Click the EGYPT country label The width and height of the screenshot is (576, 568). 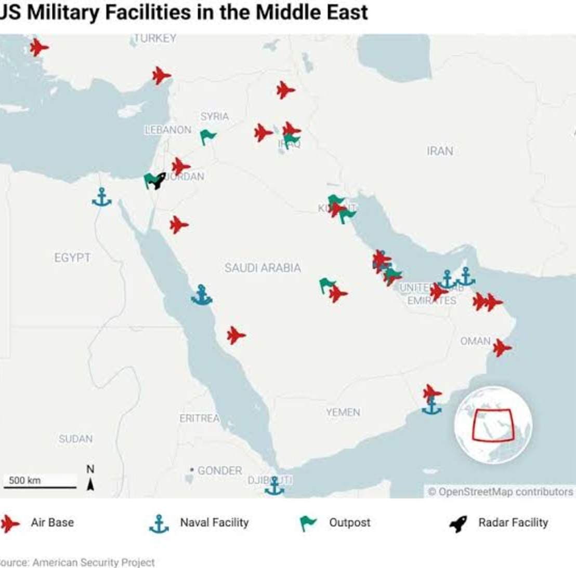coord(72,258)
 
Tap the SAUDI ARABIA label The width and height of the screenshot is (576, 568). coord(263,268)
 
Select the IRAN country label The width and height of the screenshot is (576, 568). coord(440,151)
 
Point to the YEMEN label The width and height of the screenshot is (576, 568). coord(343,412)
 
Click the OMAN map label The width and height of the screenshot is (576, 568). coord(475,341)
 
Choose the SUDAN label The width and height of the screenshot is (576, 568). coord(75,439)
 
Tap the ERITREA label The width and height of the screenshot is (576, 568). coord(200,418)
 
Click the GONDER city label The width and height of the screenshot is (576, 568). coord(219,470)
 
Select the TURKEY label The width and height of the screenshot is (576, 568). coord(155,38)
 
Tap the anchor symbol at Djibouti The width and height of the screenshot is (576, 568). coord(274,486)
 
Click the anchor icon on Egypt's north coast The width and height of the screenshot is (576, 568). coord(102,197)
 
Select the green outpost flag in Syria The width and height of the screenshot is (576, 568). coord(207,137)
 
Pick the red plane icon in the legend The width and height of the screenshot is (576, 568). coord(10,523)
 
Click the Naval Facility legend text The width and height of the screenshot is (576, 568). coord(214,523)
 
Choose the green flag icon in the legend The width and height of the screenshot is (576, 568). coord(308,523)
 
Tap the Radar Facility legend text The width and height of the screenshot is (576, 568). coord(513,523)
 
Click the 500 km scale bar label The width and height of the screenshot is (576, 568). coord(25,480)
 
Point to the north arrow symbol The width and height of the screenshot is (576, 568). coord(90,484)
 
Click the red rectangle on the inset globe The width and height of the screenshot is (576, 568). coord(492,425)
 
